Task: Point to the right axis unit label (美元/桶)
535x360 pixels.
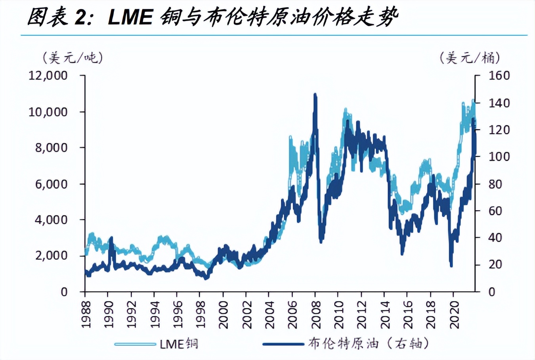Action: pyautogui.click(x=470, y=58)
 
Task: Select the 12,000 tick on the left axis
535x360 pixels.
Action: pyautogui.click(x=48, y=75)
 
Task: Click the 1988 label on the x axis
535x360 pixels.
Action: pyautogui.click(x=86, y=314)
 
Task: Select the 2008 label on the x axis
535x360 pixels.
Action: pyautogui.click(x=315, y=314)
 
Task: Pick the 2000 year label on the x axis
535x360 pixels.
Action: pyautogui.click(x=224, y=314)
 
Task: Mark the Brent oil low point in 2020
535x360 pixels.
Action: pyautogui.click(x=451, y=265)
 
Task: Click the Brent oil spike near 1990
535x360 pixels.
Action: pyautogui.click(x=111, y=238)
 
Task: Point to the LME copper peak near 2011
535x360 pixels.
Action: pyautogui.click(x=345, y=109)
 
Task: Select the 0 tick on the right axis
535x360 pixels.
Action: pyautogui.click(x=492, y=292)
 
